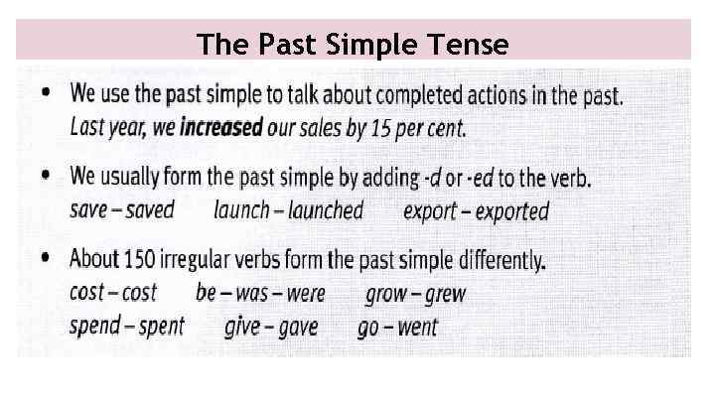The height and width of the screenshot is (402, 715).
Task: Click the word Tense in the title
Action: tap(473, 45)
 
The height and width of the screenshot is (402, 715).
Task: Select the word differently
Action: tap(490, 260)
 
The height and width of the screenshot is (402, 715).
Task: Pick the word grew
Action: tap(444, 294)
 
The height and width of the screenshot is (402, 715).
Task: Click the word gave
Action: tap(297, 327)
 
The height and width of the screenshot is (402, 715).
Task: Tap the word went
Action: tap(417, 328)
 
